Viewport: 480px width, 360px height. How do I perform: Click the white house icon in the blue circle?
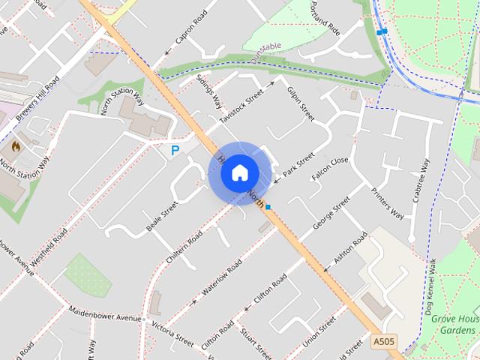click(x=239, y=172)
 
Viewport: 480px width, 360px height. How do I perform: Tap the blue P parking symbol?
click(x=175, y=151)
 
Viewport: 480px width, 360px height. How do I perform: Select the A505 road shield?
click(x=383, y=342)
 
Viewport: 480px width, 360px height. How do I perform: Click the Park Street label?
click(x=298, y=167)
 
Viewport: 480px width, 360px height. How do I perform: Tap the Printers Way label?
click(x=388, y=202)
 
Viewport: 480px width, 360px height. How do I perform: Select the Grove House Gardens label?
click(x=455, y=325)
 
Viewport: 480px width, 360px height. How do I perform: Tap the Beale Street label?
click(x=162, y=216)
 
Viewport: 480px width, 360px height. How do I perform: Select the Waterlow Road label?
click(x=221, y=278)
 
